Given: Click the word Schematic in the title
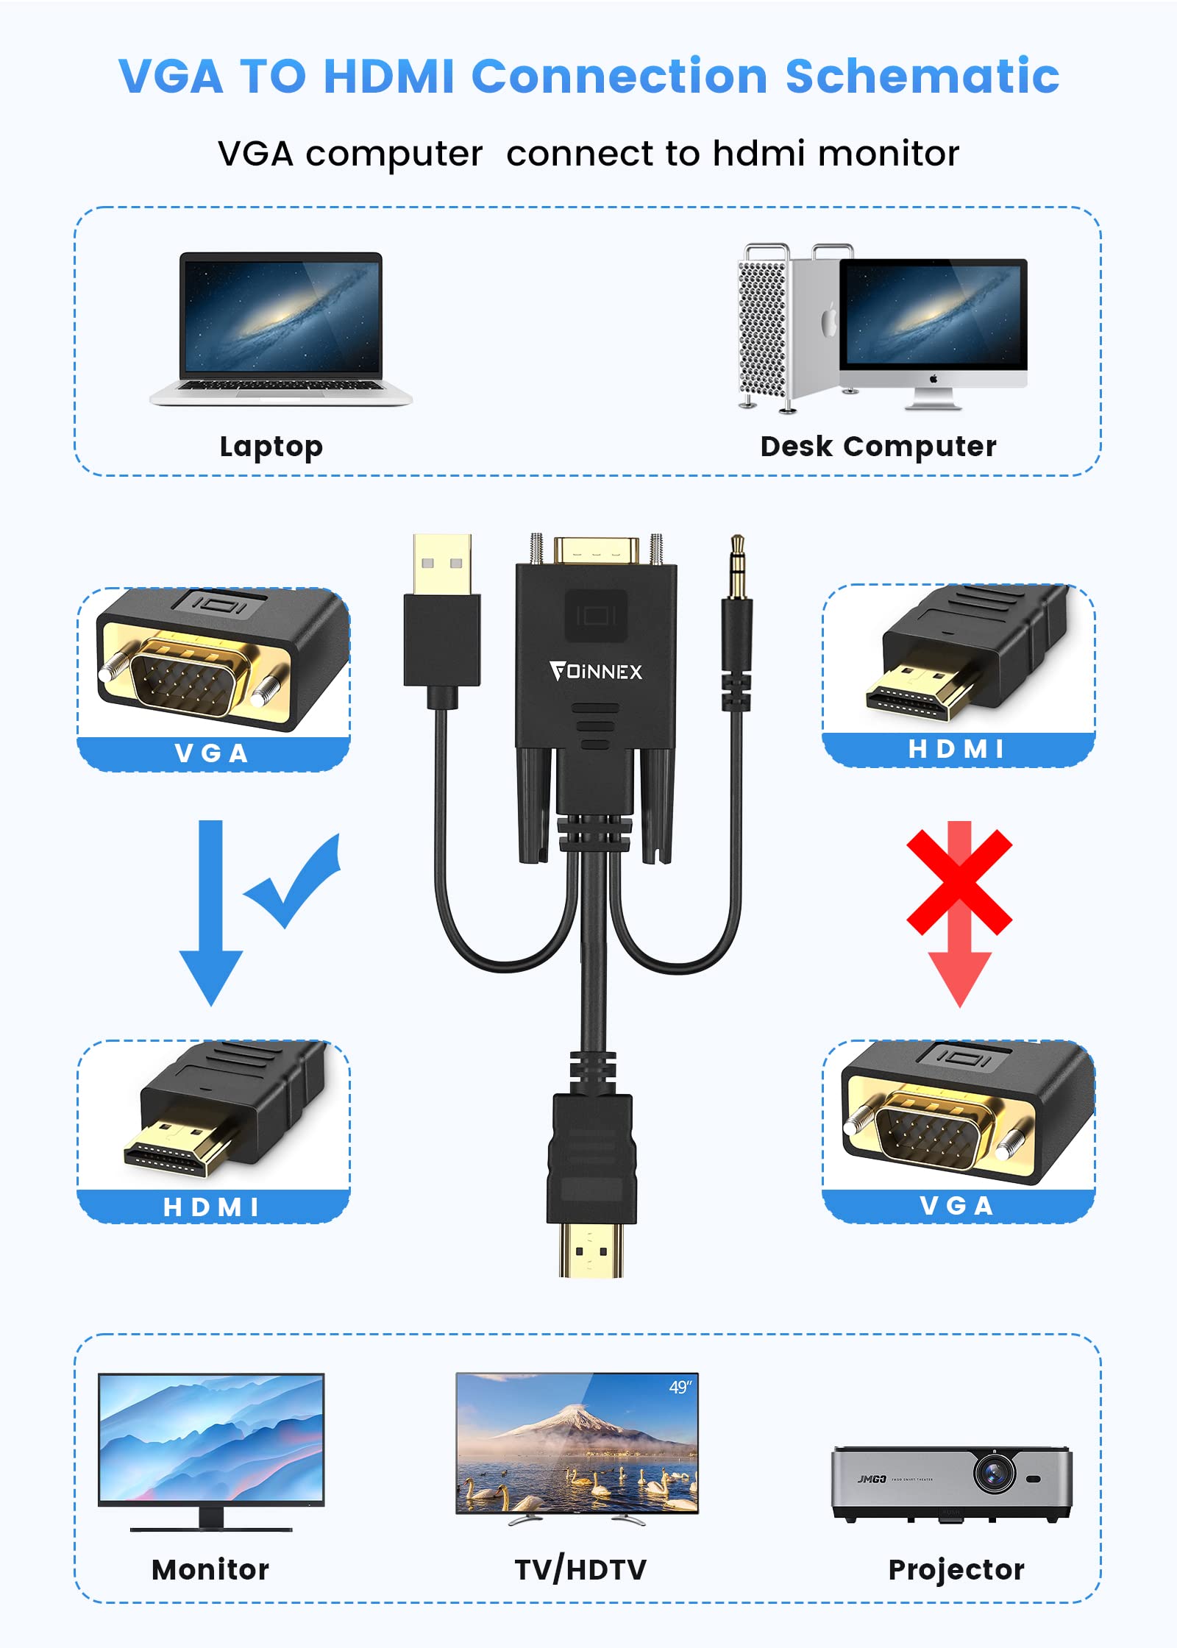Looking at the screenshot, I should coord(922,77).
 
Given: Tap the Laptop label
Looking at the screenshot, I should coord(271,447).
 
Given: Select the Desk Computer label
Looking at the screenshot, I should coord(878,447).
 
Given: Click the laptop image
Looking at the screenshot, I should coord(281,328).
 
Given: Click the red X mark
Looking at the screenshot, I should coord(959,881).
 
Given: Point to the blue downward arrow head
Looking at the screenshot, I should coord(211,975).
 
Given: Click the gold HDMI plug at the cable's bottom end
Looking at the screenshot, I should coord(591,1251).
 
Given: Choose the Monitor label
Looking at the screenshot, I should coord(210,1570).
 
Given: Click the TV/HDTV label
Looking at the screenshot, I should coord(580,1570).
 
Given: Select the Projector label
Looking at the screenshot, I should coord(956,1570).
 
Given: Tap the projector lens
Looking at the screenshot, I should coord(994,1473).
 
